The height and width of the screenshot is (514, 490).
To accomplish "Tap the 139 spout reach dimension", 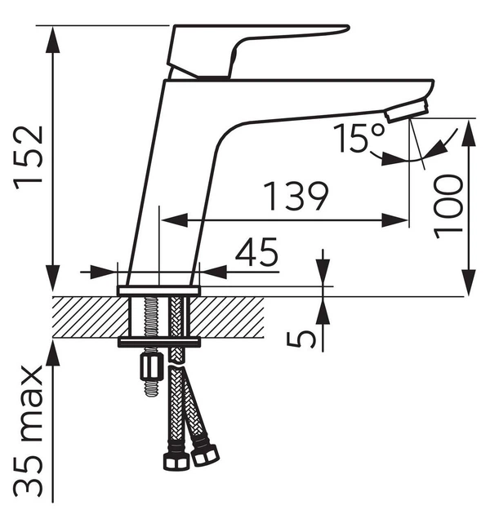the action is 296,196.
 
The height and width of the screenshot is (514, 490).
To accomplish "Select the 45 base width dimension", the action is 256,252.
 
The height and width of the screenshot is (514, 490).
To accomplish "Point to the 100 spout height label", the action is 448,206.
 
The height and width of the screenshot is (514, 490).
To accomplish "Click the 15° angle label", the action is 358,138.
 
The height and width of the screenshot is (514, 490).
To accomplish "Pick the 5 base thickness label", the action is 301,339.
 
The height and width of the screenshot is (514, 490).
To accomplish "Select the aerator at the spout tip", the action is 407,112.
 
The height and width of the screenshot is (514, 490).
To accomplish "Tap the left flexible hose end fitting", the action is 176,460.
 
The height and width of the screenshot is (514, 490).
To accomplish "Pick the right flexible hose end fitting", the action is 205,455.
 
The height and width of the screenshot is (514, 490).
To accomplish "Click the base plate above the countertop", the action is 159,290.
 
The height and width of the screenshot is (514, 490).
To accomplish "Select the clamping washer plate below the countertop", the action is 159,343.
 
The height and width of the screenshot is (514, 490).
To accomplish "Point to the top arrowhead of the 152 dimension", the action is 53,38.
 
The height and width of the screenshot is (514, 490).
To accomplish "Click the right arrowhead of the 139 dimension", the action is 394,220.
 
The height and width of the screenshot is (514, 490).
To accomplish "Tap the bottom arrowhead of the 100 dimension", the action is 469,282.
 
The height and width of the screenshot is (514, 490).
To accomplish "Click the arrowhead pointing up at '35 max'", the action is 53,352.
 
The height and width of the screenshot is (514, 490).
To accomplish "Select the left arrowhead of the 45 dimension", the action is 104,272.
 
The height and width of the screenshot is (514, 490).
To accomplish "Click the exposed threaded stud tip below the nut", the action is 152,389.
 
